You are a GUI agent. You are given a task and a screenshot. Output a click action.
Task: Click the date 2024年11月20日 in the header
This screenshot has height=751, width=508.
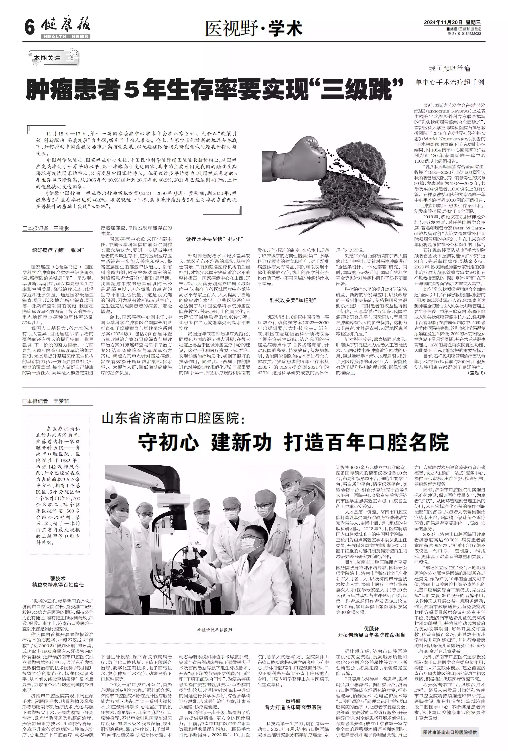(443, 22)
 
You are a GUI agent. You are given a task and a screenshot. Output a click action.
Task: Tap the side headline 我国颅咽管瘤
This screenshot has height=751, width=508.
(449, 69)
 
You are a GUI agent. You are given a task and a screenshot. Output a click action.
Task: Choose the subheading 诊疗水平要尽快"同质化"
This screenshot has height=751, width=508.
(214, 239)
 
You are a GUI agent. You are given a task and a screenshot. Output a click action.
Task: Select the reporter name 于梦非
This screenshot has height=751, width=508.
(61, 401)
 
